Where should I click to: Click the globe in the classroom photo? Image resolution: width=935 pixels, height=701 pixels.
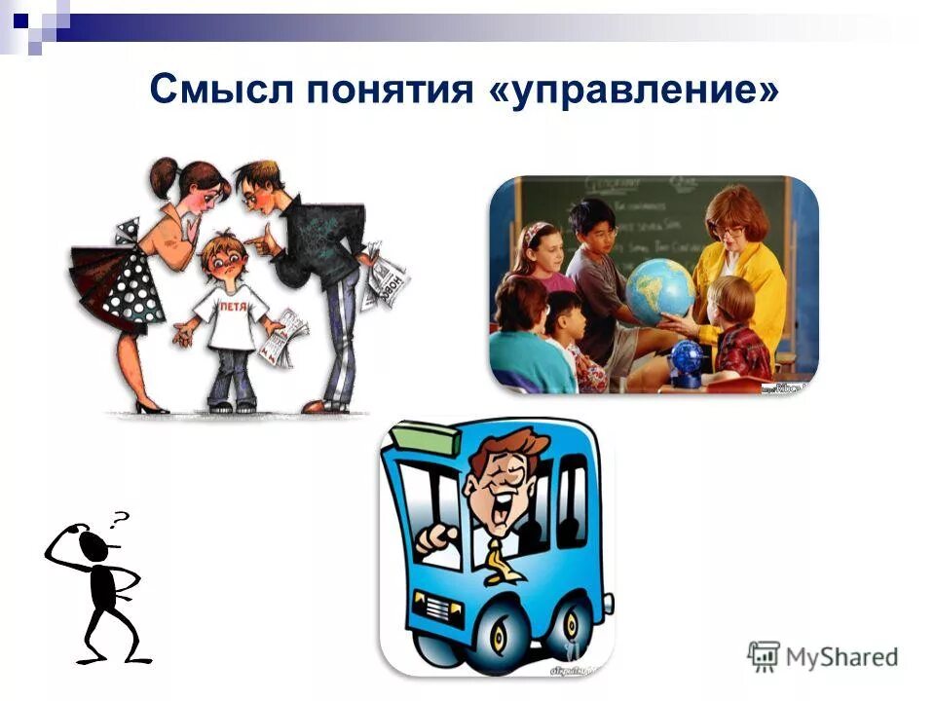tap(659, 289)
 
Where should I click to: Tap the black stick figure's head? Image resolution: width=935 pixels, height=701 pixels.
tap(93, 544)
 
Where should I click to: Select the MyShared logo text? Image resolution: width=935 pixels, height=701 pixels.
tap(843, 657)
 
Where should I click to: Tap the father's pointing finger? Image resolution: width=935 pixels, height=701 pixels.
tap(251, 237)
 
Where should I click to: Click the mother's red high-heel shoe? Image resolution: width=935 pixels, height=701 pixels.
tap(152, 406)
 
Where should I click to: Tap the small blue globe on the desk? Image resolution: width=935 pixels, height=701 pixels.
tap(687, 359)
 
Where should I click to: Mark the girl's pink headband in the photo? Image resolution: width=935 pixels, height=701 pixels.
tap(533, 235)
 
